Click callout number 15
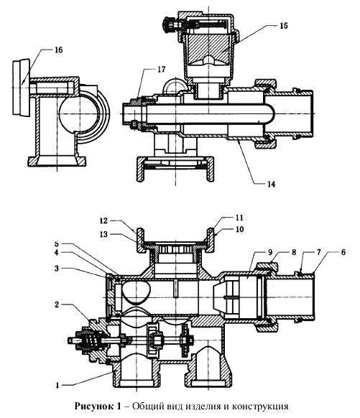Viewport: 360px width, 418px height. click(284, 26)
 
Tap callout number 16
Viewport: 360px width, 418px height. click(58, 50)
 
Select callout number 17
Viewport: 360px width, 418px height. click(161, 70)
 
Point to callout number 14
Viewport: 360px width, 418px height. click(271, 184)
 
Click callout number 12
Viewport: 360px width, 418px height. click(103, 220)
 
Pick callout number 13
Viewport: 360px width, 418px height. click(103, 234)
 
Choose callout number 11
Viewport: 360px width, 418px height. click(239, 218)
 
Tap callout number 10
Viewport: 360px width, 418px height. click(239, 229)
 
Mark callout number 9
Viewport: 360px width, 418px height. click(270, 252)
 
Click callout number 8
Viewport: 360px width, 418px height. click(294, 252)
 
